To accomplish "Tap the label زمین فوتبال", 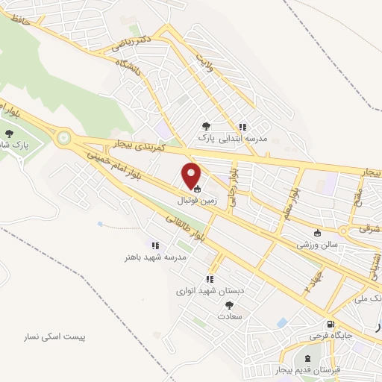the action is point(196,201).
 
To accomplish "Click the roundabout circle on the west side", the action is point(64,137).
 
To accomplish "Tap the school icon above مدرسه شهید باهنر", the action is point(155,245).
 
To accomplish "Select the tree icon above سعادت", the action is point(229,304).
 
